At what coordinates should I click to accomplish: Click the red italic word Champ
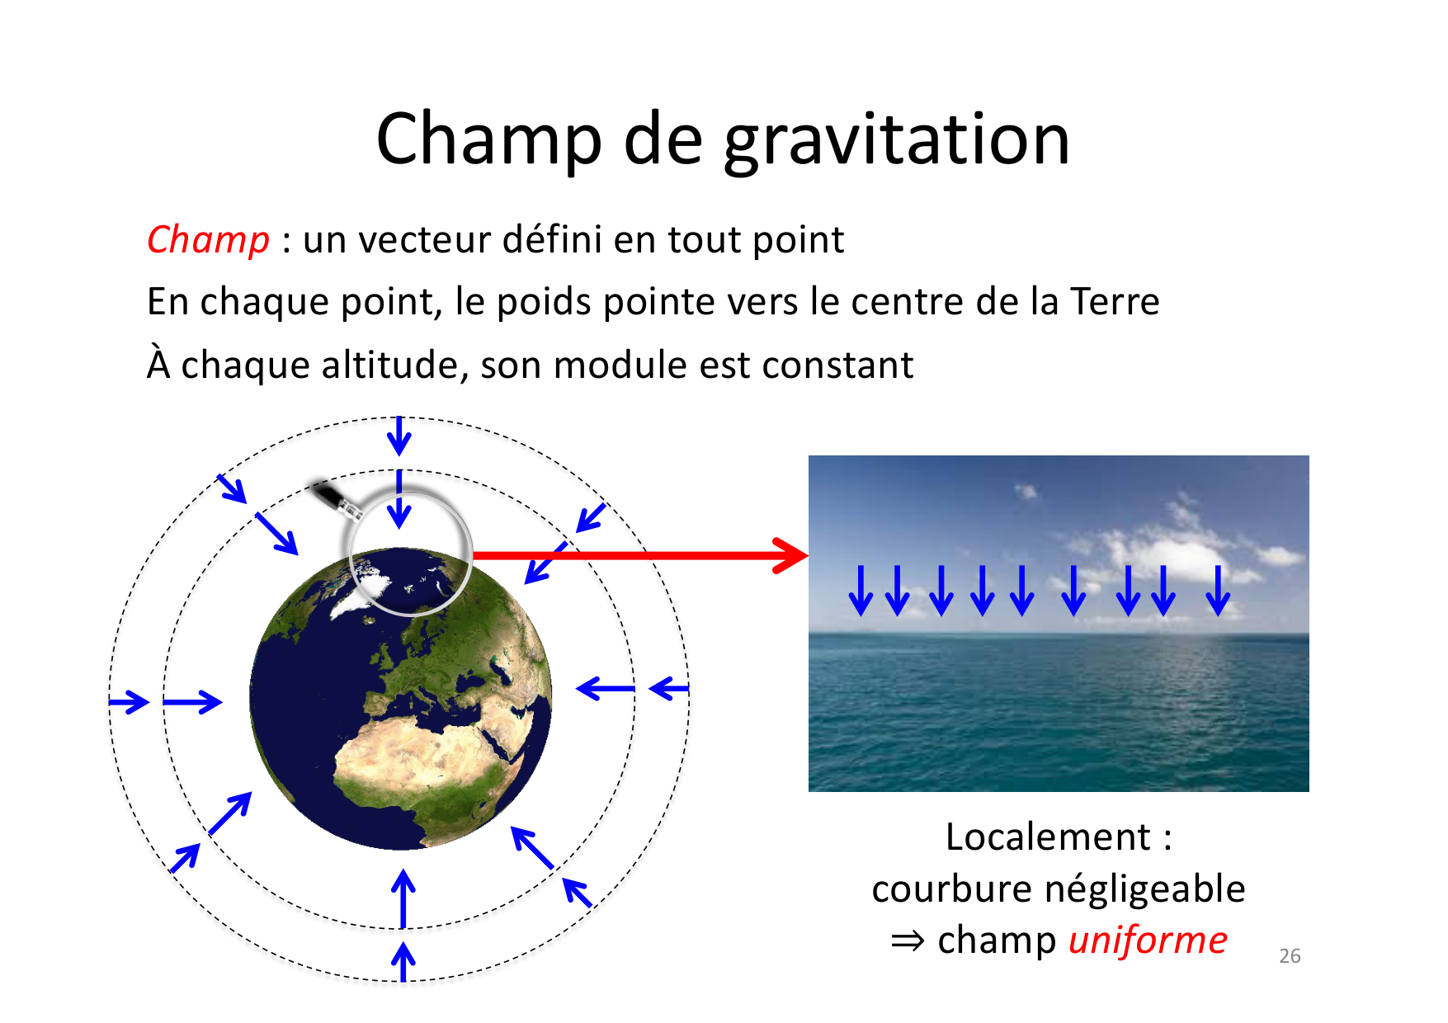point(208,240)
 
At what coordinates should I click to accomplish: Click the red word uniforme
point(1147,940)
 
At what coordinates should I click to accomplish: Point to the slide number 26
point(1290,956)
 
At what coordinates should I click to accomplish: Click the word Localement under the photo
point(1047,837)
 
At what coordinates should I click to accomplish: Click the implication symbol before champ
point(908,941)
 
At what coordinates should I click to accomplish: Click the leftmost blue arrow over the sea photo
point(861,591)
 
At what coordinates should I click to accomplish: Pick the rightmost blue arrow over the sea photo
point(1218,591)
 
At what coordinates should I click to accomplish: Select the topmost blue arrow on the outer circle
point(399,436)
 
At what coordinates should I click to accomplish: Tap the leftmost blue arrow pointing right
point(129,702)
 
